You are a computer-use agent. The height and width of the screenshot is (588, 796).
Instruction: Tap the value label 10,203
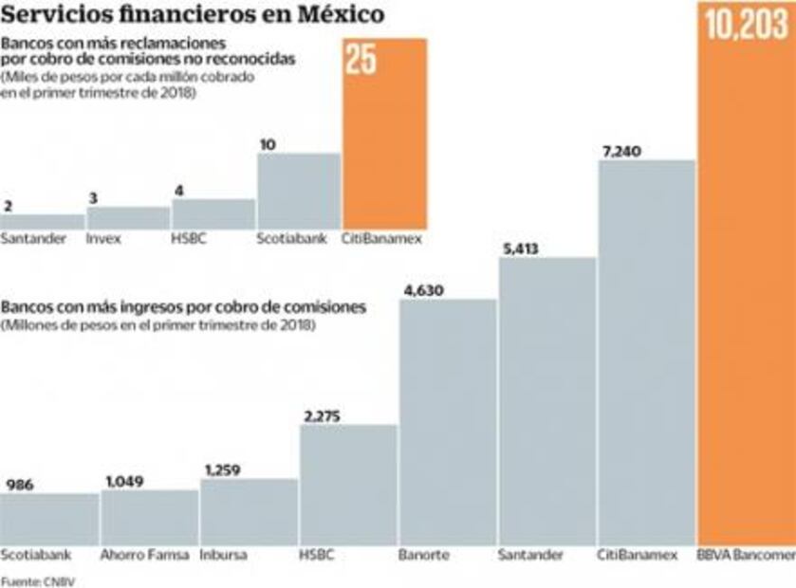(746, 26)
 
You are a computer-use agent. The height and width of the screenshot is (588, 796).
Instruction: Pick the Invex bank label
(103, 239)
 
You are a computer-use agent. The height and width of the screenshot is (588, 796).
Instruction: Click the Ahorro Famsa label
(139, 554)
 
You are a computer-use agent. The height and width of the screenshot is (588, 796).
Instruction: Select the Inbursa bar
(250, 512)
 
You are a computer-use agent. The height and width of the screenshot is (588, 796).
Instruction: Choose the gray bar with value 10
(298, 191)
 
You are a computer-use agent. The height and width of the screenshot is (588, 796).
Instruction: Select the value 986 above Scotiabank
(21, 484)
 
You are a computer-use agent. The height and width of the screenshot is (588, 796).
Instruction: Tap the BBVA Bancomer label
(746, 554)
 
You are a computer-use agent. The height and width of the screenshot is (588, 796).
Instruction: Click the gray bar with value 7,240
(646, 351)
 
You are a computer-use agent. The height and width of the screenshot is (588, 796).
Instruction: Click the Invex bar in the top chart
(128, 218)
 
